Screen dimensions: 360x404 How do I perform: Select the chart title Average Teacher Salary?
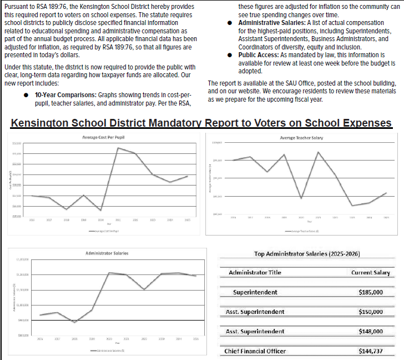pyautogui.click(x=301, y=138)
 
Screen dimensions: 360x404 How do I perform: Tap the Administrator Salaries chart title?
pyautogui.click(x=107, y=253)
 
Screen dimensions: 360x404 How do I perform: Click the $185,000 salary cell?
pyautogui.click(x=370, y=292)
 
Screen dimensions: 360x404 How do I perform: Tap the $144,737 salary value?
pyautogui.click(x=370, y=351)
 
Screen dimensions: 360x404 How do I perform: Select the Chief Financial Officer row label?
pyautogui.click(x=255, y=351)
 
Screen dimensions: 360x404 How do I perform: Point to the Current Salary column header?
pyautogui.click(x=370, y=273)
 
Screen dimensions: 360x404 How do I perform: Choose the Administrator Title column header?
pyautogui.click(x=255, y=273)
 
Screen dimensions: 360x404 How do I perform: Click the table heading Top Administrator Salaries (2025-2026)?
pyautogui.click(x=307, y=254)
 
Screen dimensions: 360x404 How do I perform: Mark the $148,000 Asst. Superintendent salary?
pyautogui.click(x=370, y=332)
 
